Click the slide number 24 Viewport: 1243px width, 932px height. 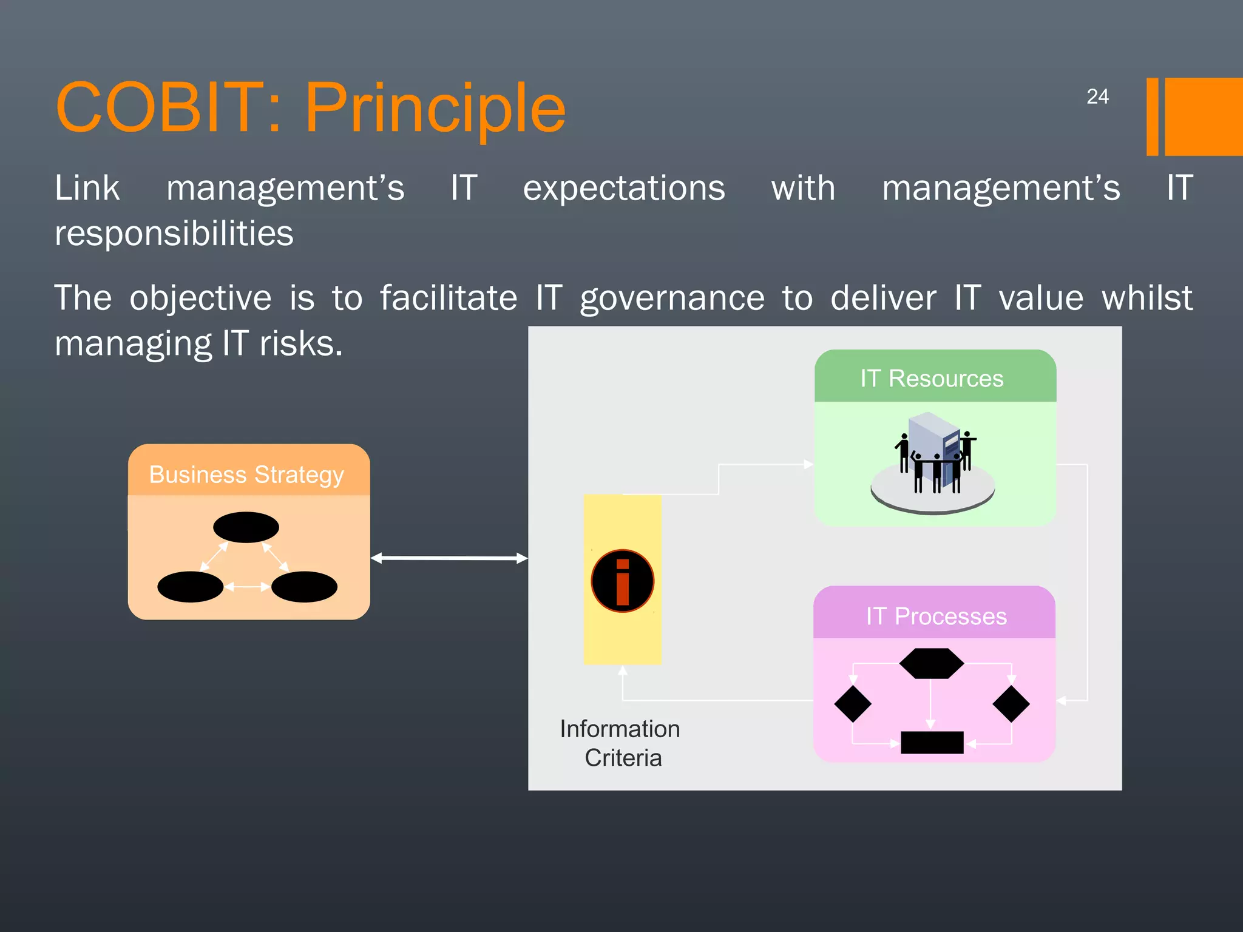[1097, 96]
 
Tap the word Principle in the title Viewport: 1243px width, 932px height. [435, 107]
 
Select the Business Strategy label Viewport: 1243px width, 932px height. [246, 474]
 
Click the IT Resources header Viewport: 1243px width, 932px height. [932, 378]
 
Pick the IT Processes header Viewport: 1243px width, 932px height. [935, 616]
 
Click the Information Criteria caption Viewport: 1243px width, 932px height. [620, 743]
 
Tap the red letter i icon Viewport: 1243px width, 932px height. [622, 581]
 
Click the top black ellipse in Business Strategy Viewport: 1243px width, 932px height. [246, 527]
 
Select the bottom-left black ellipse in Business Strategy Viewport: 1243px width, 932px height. [190, 587]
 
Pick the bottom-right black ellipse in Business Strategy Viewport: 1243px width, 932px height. [304, 587]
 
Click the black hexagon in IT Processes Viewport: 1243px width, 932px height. [931, 663]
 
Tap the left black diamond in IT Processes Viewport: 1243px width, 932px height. [853, 704]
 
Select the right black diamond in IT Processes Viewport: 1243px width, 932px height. [1011, 704]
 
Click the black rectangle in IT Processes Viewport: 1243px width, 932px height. [932, 742]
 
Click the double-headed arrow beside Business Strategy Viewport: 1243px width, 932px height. [449, 558]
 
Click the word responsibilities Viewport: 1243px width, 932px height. [174, 234]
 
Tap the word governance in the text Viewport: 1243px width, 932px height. [672, 299]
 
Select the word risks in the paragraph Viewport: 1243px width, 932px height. [301, 344]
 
